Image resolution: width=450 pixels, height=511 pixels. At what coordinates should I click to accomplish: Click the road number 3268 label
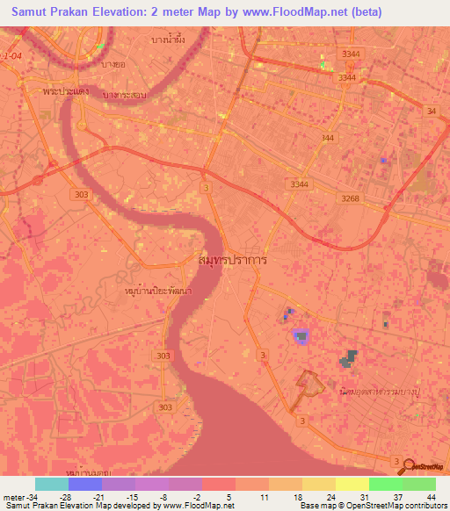[351, 198]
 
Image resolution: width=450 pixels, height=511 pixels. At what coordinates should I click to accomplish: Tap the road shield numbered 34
[431, 111]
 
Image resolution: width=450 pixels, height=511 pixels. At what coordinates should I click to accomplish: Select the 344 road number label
[328, 139]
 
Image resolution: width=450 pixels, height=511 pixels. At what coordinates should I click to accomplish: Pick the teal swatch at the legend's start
[51, 484]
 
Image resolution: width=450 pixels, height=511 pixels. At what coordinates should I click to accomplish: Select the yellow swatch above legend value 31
[352, 484]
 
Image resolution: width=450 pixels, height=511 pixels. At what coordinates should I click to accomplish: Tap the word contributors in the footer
[425, 506]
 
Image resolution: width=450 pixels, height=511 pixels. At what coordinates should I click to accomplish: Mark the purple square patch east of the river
[301, 335]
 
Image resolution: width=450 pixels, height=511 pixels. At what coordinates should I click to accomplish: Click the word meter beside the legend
[13, 496]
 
